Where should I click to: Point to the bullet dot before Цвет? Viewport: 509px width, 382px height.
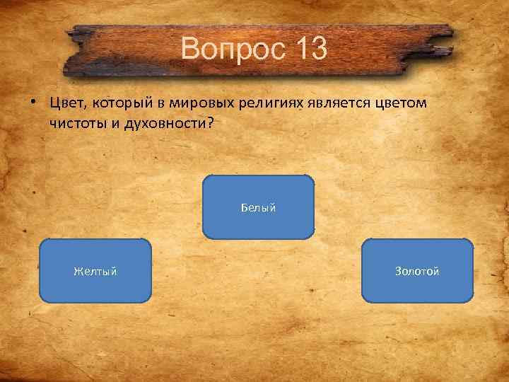(x=33, y=103)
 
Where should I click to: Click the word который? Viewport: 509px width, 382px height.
(x=120, y=104)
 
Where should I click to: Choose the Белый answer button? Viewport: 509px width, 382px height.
(x=258, y=207)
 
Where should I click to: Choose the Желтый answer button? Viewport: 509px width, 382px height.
(x=95, y=271)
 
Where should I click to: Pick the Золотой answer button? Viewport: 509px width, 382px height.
(x=417, y=271)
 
